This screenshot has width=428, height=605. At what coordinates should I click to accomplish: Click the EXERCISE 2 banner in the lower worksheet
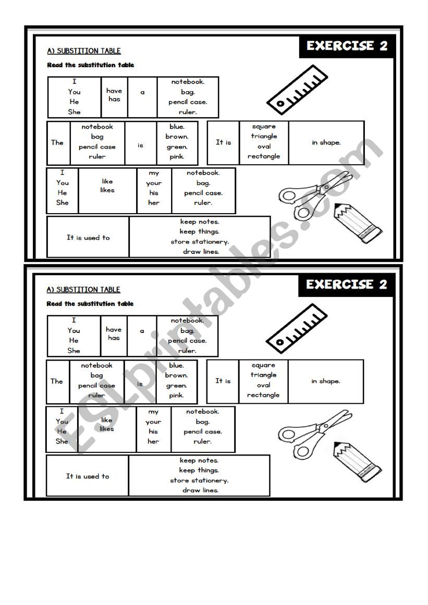347,285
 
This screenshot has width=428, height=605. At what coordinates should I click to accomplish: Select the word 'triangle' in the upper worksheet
264,137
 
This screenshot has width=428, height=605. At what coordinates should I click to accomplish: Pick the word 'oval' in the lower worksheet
263,385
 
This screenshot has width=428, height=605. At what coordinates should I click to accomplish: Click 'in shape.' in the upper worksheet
326,143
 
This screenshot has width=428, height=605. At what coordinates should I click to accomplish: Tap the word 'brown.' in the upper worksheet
177,137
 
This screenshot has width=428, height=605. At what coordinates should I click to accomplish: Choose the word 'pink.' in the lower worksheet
176,396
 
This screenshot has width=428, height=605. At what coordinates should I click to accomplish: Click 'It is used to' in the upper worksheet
88,238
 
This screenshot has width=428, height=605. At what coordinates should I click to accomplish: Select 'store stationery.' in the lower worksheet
199,480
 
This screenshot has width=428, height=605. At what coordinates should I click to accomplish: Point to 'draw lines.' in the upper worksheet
201,252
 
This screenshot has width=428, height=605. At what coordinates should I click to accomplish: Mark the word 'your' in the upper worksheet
154,183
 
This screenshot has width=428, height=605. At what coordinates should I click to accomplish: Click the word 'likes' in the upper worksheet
107,190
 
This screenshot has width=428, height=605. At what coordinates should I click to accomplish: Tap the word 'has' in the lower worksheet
114,338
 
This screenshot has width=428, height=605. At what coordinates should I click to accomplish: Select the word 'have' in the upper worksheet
114,91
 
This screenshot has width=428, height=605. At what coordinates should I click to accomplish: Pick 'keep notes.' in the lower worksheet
199,461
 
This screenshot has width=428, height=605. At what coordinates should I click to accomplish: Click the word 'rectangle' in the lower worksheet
263,395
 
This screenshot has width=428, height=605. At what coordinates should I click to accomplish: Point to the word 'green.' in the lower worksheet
176,386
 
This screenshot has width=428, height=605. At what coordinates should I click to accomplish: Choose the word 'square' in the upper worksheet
264,127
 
